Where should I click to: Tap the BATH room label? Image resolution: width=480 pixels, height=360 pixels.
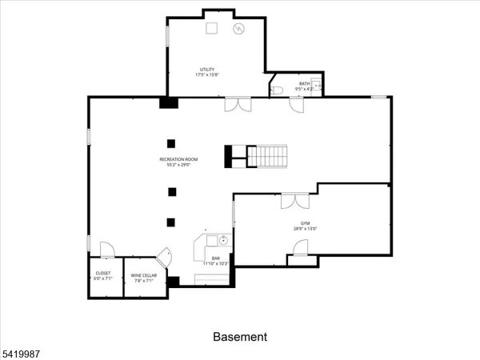tap(305, 83)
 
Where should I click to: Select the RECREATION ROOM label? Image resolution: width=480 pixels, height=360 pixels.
tap(178, 160)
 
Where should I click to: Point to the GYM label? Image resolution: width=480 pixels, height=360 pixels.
tap(305, 223)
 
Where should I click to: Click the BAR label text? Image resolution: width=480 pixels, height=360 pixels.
tap(216, 258)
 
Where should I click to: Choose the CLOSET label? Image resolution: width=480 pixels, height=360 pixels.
tap(103, 274)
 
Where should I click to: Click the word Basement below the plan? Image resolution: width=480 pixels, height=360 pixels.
tap(239, 337)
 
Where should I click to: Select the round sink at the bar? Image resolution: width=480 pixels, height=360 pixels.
tap(224, 240)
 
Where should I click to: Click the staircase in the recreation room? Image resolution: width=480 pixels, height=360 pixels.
tap(266, 156)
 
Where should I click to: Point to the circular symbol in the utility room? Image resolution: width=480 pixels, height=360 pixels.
tap(238, 29)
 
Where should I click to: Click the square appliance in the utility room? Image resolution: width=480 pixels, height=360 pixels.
tap(212, 28)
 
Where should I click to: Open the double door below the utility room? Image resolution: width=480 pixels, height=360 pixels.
tap(238, 105)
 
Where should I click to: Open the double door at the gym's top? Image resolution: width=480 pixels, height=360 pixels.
tap(294, 200)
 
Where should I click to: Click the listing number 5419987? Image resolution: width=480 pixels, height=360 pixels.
tap(20, 350)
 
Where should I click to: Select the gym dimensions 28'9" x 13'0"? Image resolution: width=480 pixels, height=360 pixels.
tap(305, 229)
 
